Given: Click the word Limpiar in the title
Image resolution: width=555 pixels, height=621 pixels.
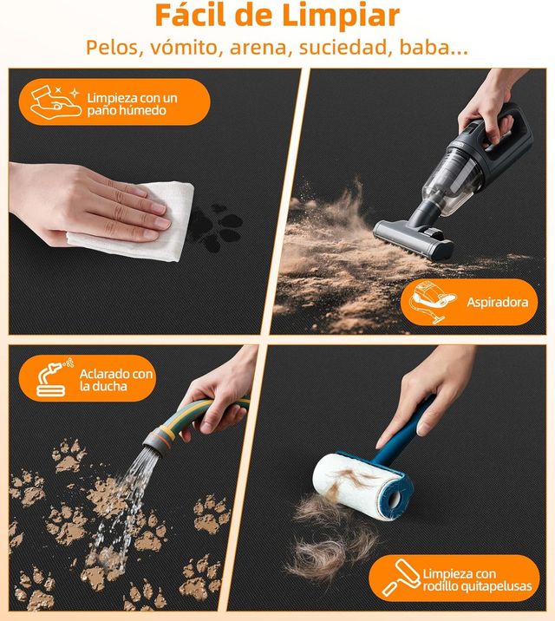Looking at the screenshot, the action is pos(341,16).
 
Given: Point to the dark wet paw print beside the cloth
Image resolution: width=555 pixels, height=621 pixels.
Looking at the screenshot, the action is pos(216,228).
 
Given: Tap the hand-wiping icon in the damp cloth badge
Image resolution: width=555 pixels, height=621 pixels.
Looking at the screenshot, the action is pos(55,102).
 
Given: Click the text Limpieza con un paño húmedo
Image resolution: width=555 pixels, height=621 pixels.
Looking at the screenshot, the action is pos(132,104).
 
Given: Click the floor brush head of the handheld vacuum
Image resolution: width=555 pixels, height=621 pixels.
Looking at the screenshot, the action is pos(414,239).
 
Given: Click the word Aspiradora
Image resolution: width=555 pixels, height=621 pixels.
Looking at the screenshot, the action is pos(497,302).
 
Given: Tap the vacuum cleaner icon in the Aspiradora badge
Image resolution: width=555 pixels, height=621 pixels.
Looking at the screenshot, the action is pos(431,302).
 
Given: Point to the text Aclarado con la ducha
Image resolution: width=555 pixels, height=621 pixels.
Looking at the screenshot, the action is pos(116,379).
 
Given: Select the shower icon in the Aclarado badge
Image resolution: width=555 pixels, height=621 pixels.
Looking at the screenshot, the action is pos(55,377).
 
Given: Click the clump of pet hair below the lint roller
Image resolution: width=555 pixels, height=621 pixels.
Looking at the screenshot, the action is pos(332,539).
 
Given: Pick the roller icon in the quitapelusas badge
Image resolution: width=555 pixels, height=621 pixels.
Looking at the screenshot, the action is pos(401,578).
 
